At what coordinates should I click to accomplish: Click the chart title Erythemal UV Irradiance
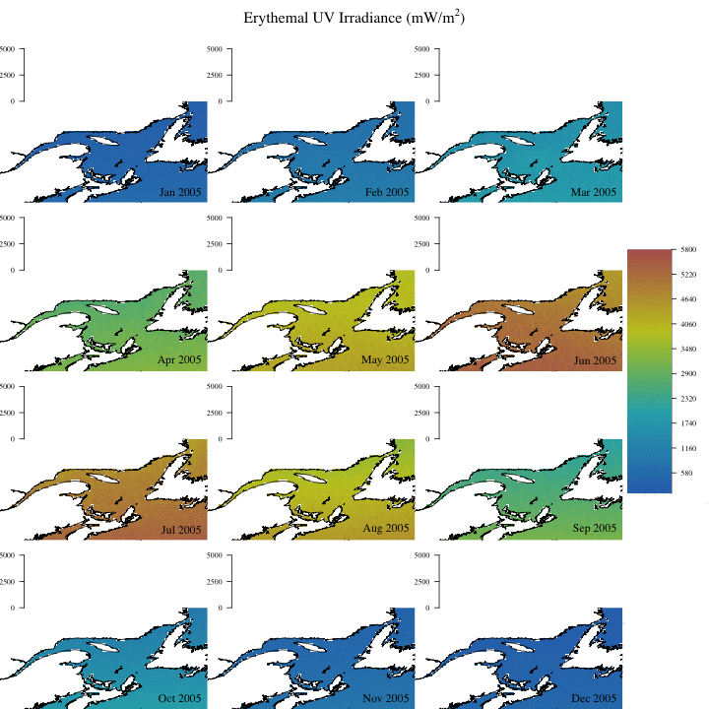pos(354,18)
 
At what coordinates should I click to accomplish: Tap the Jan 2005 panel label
pos(180,192)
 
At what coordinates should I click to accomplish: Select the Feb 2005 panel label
pos(387,192)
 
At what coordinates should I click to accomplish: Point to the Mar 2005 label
pos(594,192)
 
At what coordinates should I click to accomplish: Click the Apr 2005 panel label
pos(180,360)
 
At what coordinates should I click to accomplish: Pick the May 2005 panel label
pos(387,360)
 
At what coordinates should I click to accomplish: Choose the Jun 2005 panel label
pos(594,360)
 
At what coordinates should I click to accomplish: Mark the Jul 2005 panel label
pos(180,530)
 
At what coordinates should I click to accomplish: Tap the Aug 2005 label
pos(387,530)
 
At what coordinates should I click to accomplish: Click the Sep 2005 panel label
pos(594,530)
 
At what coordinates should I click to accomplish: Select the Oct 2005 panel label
pos(180,698)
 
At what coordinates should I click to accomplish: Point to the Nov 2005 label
pos(387,698)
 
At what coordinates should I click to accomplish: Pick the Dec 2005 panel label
pos(594,698)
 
